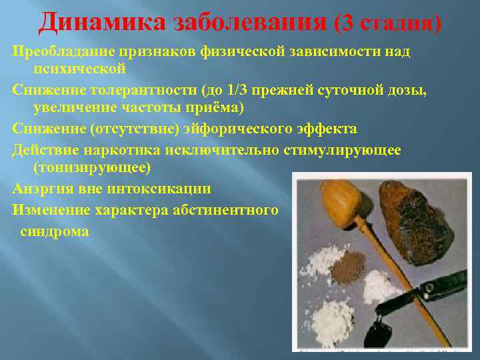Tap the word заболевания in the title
[251, 22]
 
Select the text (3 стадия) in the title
[389, 23]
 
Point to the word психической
[80, 69]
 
